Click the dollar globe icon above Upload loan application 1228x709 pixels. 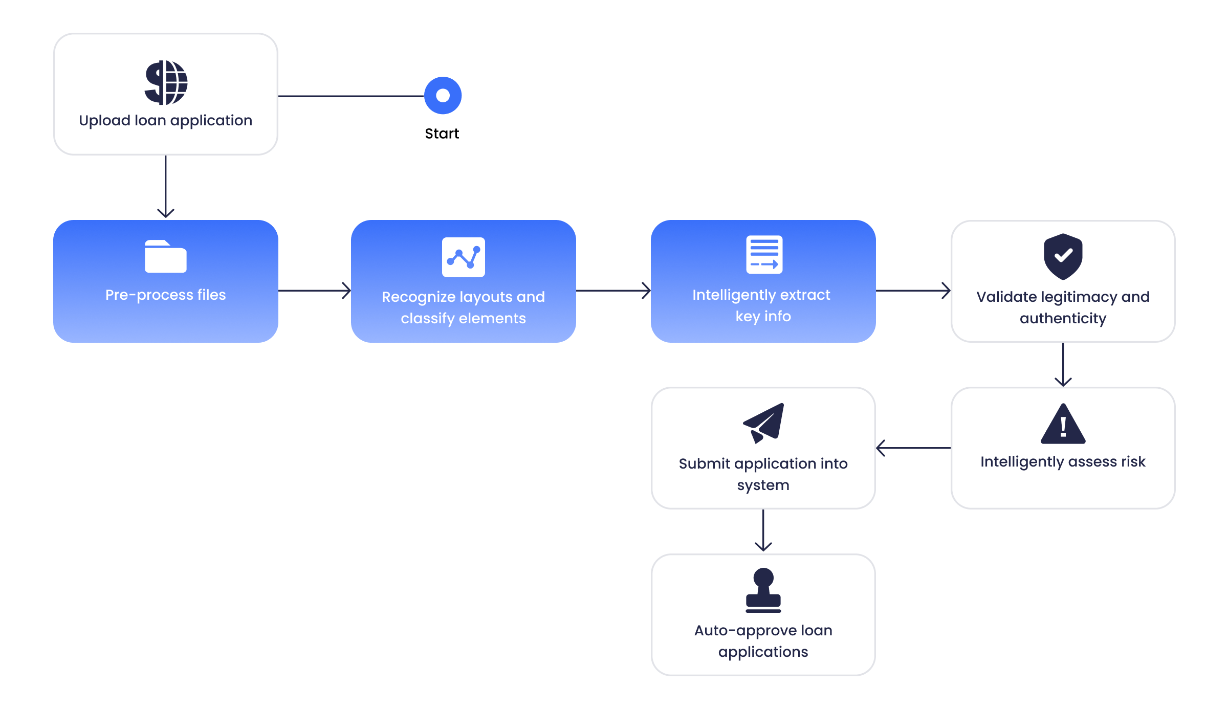click(x=166, y=82)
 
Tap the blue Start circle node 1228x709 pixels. click(x=443, y=96)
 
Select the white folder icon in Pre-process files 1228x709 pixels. click(x=165, y=256)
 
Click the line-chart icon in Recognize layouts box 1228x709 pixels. click(x=463, y=257)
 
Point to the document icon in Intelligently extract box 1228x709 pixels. click(x=764, y=254)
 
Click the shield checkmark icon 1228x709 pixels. click(x=1063, y=256)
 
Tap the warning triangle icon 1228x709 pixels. click(x=1063, y=424)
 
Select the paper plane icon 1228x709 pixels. click(x=764, y=423)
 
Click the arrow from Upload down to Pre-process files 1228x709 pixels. click(x=166, y=187)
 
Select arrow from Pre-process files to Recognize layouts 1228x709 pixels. click(x=314, y=291)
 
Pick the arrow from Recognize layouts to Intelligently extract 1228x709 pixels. click(x=613, y=291)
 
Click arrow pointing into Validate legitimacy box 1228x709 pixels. click(x=913, y=291)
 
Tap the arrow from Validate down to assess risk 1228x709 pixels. click(x=1063, y=364)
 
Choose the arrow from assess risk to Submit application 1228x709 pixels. click(x=913, y=448)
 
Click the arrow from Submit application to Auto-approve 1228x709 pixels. click(x=763, y=531)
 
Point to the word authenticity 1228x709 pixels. click(x=1063, y=318)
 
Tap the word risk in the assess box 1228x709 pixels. click(x=1133, y=461)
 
